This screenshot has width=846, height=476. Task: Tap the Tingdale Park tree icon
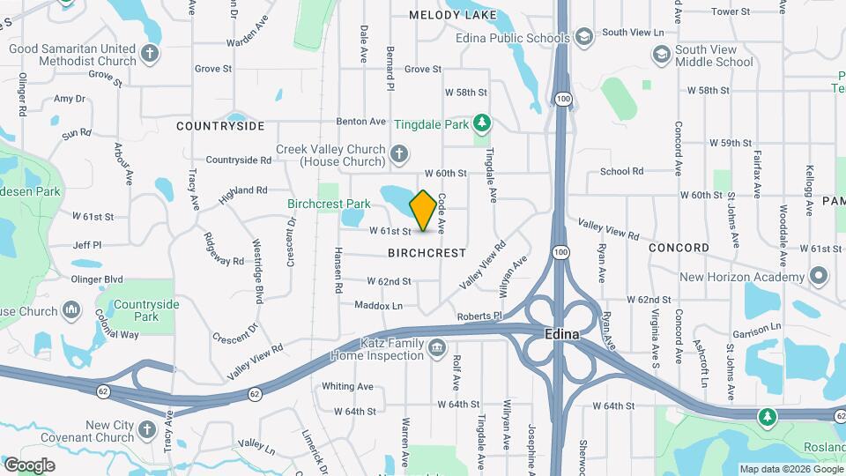[481, 123]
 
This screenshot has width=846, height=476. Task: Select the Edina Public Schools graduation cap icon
[583, 37]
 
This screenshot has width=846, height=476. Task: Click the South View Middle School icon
[660, 56]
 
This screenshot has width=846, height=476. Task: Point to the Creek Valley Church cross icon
[399, 155]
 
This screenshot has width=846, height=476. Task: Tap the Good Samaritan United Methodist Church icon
[151, 54]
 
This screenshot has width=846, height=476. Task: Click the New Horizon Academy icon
[819, 277]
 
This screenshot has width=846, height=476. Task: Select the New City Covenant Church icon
[149, 432]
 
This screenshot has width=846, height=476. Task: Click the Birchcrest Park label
[329, 204]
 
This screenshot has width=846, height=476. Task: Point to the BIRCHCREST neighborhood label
[427, 253]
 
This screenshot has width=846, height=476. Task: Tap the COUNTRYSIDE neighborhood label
[220, 126]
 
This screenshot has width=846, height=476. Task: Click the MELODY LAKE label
[452, 15]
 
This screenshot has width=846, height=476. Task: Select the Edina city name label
[561, 335]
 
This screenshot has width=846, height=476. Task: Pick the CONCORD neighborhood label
[679, 248]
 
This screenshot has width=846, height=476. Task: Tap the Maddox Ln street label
[378, 306]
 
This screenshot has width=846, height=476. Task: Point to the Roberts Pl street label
[479, 316]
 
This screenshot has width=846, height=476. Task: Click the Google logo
[29, 465]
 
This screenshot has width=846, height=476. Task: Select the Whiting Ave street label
[347, 386]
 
